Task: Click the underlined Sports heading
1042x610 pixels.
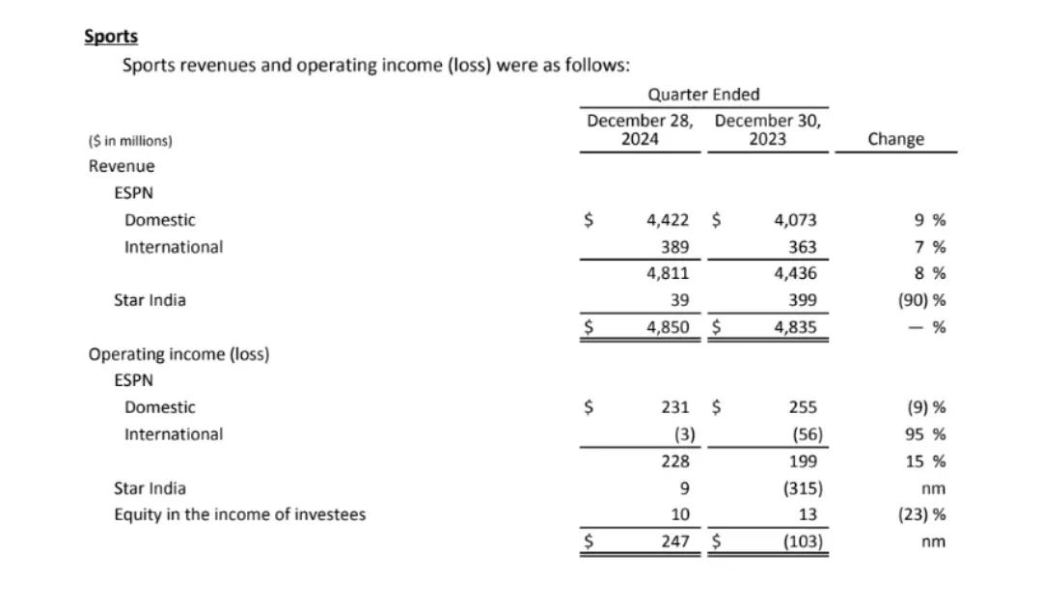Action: point(111,37)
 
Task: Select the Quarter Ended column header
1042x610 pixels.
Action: point(703,95)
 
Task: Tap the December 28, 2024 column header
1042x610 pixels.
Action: point(640,130)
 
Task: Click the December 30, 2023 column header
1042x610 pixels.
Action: point(768,130)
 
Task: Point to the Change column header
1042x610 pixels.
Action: point(895,139)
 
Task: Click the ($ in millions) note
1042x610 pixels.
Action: point(130,141)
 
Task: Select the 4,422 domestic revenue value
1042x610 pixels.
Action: point(668,220)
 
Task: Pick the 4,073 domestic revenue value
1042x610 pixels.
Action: point(795,220)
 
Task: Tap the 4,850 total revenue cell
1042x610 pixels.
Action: point(668,327)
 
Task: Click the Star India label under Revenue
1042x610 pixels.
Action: point(150,300)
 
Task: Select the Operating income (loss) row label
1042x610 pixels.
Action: point(178,354)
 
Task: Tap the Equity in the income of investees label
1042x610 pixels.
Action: point(240,514)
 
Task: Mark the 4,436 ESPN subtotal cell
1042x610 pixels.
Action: point(795,273)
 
